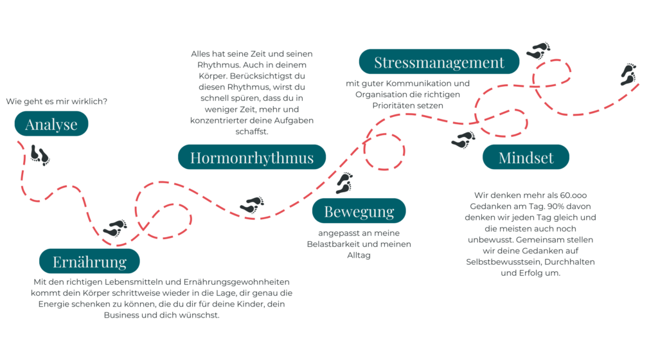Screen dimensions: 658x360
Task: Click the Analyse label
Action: coord(51,124)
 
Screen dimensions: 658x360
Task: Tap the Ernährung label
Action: coord(89,261)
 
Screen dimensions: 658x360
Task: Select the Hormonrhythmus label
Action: coord(252,157)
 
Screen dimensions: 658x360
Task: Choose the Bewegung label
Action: coord(359,211)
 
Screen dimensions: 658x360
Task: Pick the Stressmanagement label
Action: coord(439,62)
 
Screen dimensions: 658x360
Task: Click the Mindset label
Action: coord(526,157)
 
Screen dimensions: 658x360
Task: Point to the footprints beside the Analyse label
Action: coord(40,155)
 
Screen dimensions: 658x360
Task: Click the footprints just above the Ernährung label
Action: coord(115,228)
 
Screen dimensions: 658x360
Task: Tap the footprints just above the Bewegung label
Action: coord(344,183)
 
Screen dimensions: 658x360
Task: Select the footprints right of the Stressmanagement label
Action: coord(538,51)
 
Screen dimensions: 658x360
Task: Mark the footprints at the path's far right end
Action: coord(628,75)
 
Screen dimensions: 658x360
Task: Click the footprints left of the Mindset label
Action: coord(463,139)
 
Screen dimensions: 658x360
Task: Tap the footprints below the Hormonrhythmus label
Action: coord(252,205)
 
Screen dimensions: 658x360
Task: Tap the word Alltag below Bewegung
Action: coord(359,255)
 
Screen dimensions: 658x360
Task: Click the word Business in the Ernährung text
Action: coord(121,315)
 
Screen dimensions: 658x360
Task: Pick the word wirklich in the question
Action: coord(90,102)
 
